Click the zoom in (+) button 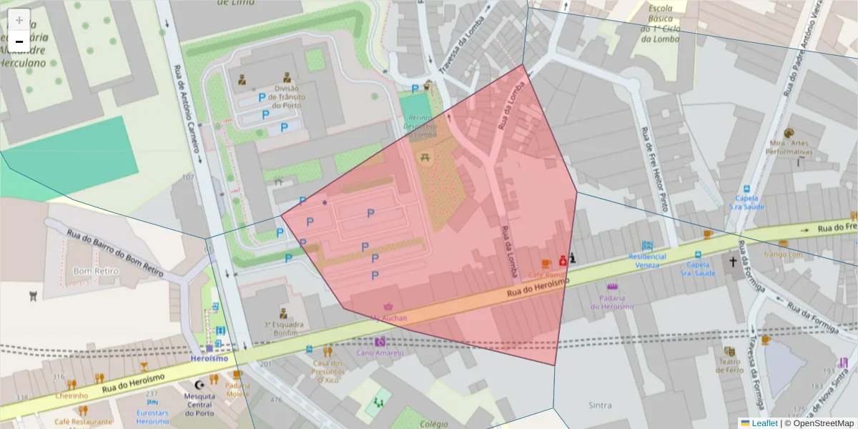click(x=19, y=20)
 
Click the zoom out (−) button click(x=19, y=41)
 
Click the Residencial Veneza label click(x=648, y=261)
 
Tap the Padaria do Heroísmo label click(x=612, y=302)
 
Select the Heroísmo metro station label click(x=209, y=358)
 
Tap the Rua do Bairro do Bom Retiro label click(x=114, y=253)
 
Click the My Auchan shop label click(x=390, y=317)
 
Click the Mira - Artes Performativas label click(x=789, y=147)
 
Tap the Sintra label click(x=599, y=405)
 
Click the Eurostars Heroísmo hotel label click(x=152, y=417)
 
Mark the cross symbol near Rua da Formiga click(x=733, y=262)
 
